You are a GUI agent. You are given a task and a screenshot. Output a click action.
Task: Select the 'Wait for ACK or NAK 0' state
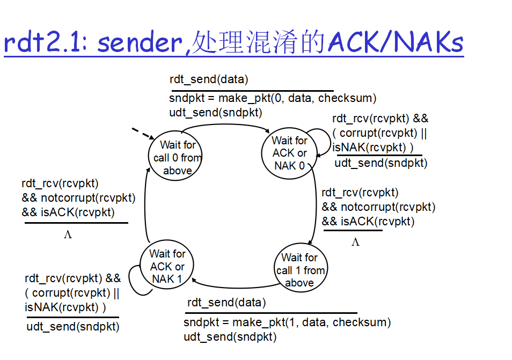[290, 153]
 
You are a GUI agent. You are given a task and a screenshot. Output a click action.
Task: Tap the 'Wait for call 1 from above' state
[299, 270]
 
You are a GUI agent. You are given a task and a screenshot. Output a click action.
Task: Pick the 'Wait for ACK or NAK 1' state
[167, 266]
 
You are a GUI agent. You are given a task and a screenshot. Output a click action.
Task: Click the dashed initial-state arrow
[142, 134]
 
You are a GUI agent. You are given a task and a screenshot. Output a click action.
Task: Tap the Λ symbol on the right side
[355, 243]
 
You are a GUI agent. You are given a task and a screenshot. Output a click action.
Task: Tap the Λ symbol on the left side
[68, 234]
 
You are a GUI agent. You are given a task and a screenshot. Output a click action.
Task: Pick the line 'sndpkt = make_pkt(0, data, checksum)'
[273, 98]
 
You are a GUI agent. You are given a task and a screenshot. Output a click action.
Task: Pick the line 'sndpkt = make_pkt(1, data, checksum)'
[287, 322]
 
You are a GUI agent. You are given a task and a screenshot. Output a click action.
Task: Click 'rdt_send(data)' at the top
[209, 80]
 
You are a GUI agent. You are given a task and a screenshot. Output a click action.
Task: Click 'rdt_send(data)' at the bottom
[226, 303]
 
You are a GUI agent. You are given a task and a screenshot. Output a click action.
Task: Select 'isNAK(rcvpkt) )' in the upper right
[372, 148]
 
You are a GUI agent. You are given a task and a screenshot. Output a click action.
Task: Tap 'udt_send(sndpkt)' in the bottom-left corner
[73, 326]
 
